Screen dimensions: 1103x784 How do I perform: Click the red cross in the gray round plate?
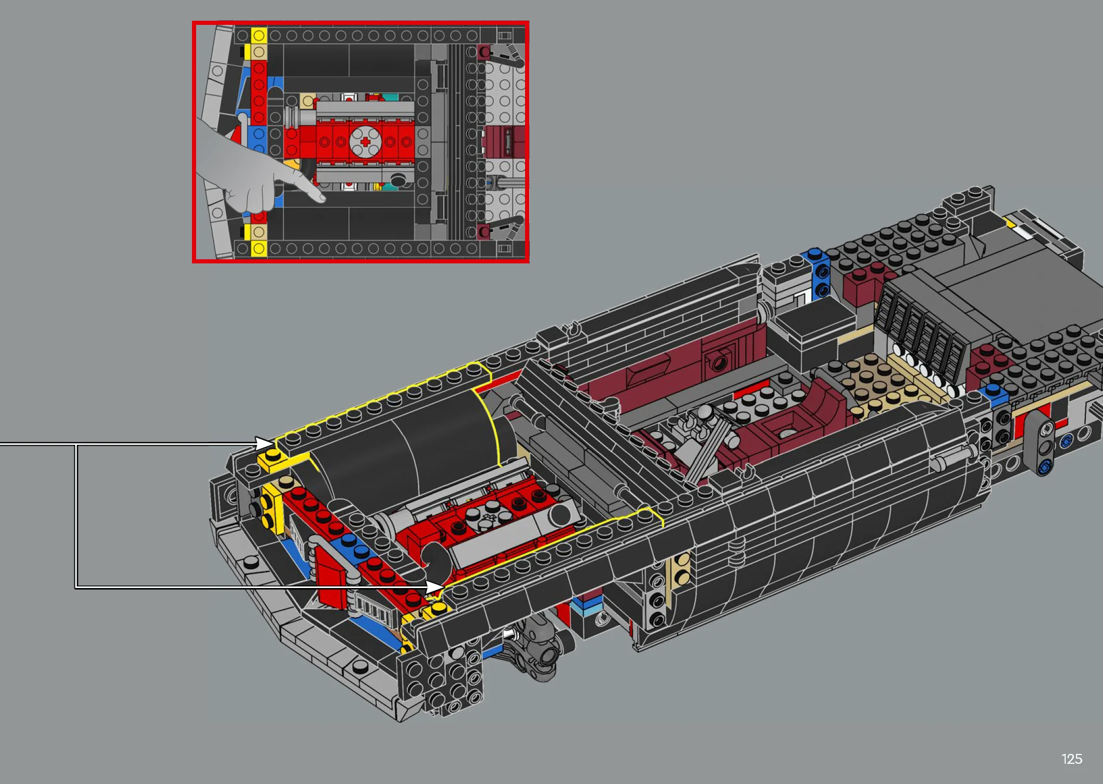(x=365, y=142)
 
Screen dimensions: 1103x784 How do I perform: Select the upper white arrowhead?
(x=264, y=443)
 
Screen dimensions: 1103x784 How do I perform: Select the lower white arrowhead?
(x=435, y=587)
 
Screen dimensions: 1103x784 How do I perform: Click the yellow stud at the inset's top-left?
(x=259, y=35)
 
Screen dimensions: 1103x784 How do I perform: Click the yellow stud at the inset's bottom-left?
(x=259, y=249)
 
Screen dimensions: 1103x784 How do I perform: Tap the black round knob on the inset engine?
(x=398, y=180)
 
